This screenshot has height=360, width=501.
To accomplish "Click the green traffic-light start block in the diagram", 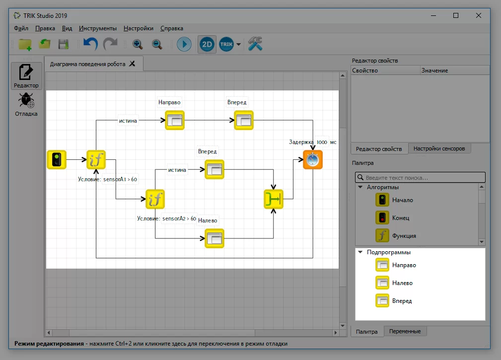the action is click(x=57, y=159).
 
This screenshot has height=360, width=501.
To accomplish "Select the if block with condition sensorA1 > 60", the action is click(x=96, y=159).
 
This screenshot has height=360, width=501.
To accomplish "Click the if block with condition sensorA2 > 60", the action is click(x=155, y=199).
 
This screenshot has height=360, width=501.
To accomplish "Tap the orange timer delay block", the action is click(x=312, y=159).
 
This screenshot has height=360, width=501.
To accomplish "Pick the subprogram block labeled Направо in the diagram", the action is click(x=175, y=120).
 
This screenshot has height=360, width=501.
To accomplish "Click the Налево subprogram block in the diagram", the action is click(x=215, y=238).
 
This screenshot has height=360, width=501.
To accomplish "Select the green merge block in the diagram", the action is click(x=274, y=199).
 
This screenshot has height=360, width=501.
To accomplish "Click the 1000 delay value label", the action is click(x=322, y=142).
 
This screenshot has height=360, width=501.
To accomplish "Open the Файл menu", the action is click(x=21, y=28).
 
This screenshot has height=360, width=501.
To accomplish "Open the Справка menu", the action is click(x=172, y=28).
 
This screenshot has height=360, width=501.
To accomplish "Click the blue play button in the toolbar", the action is click(x=184, y=44).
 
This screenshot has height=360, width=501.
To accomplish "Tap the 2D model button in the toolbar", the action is click(x=207, y=44).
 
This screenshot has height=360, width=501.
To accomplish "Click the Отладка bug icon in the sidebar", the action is click(x=26, y=100).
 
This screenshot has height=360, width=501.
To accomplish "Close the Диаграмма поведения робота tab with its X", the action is click(x=132, y=64).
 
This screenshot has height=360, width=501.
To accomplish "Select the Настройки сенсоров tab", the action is click(x=439, y=148).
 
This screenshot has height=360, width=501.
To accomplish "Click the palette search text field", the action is click(x=420, y=177).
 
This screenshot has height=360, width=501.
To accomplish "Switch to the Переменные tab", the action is click(x=405, y=331).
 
